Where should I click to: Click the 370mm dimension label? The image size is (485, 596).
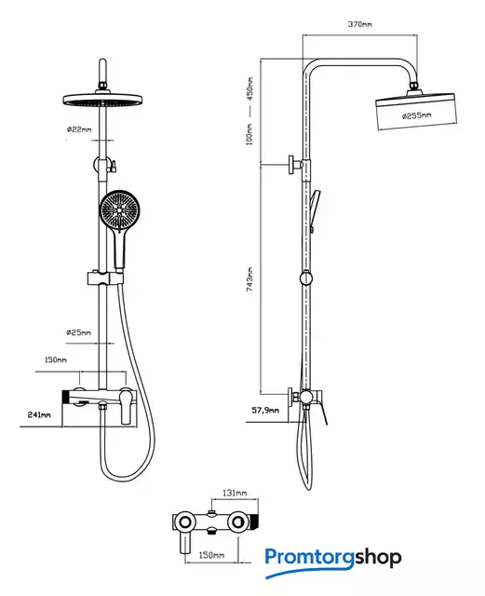click(360, 24)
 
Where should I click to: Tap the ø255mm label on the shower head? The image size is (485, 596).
click(417, 115)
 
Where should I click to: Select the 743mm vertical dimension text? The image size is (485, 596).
click(249, 279)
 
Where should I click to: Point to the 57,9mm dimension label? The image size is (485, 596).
click(265, 410)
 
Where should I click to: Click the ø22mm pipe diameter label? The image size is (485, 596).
click(79, 129)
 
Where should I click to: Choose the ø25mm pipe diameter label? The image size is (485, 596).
click(79, 332)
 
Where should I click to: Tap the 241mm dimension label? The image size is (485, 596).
click(39, 414)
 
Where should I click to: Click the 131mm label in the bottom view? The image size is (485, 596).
click(235, 493)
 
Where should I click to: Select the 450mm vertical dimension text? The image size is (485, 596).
click(249, 88)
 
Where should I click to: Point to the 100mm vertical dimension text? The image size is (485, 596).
click(249, 134)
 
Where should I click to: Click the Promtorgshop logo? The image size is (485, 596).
click(333, 562)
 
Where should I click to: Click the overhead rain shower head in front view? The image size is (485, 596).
click(102, 100)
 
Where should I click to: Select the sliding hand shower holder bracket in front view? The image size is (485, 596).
click(105, 278)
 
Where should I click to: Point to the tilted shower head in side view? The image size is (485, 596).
click(416, 111)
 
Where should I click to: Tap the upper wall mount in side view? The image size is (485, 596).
click(296, 165)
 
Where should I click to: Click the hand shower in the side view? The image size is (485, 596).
click(315, 210)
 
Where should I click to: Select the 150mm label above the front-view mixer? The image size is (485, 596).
click(56, 359)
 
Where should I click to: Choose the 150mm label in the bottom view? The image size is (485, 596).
click(211, 555)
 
